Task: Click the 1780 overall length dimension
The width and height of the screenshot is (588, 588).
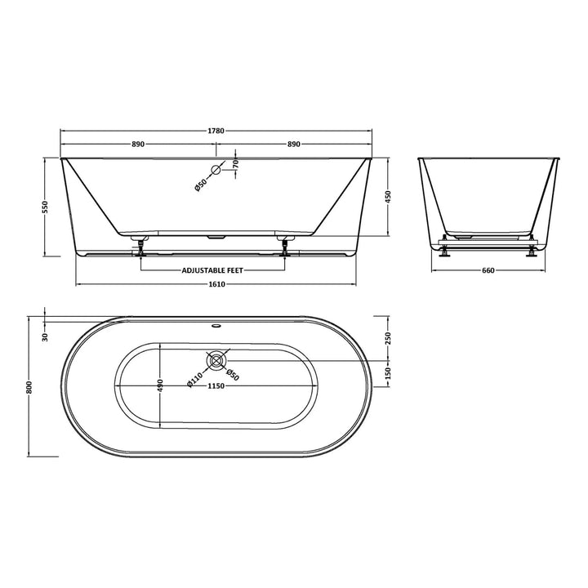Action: pyautogui.click(x=216, y=130)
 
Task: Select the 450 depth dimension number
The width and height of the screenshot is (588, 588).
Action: pyautogui.click(x=390, y=197)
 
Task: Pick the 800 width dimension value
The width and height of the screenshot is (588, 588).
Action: pyautogui.click(x=31, y=388)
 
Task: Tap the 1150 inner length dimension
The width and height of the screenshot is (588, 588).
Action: pyautogui.click(x=216, y=386)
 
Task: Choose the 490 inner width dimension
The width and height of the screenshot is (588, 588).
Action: pyautogui.click(x=162, y=385)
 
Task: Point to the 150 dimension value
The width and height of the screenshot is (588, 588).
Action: pyautogui.click(x=390, y=372)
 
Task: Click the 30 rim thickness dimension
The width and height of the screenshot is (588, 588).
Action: pyautogui.click(x=47, y=336)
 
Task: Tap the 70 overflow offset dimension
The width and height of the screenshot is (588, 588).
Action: pyautogui.click(x=234, y=163)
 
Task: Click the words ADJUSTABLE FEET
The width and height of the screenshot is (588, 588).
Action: pyautogui.click(x=212, y=269)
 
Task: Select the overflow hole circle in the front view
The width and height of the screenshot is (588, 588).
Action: pyautogui.click(x=216, y=171)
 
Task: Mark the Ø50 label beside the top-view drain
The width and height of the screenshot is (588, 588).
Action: pyautogui.click(x=233, y=374)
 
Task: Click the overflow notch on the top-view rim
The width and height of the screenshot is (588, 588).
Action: pyautogui.click(x=216, y=322)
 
